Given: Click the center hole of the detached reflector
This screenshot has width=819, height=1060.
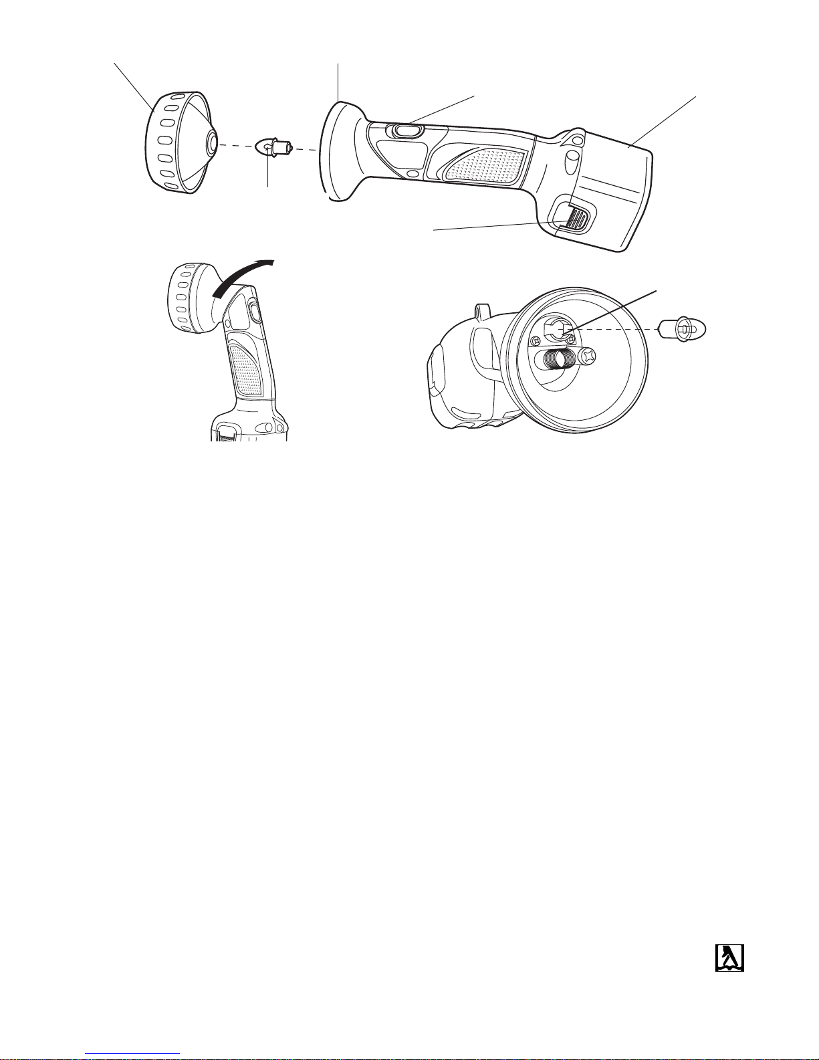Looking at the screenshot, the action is click(x=211, y=142).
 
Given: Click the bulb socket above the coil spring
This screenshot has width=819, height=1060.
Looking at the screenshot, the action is click(x=555, y=330).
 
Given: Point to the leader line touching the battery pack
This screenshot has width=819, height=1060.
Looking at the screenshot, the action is click(x=662, y=120).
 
